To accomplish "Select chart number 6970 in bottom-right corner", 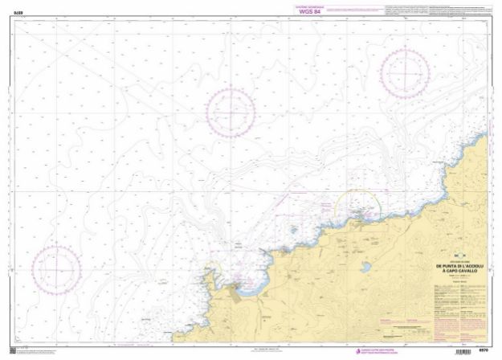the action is tap(483, 347).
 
